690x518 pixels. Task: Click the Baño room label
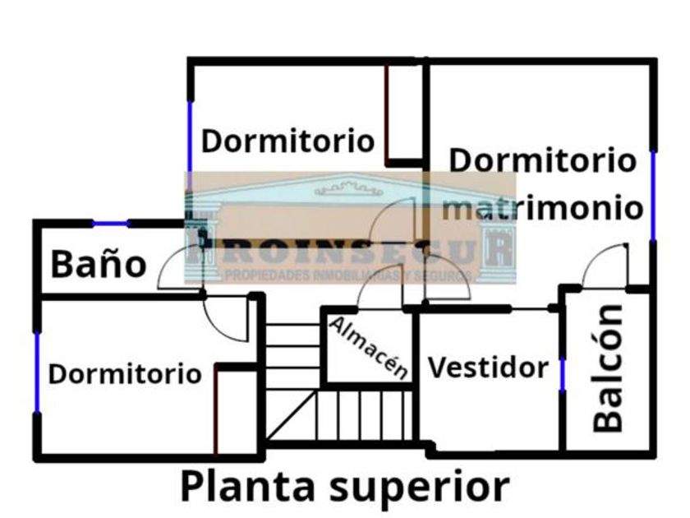tap(99, 265)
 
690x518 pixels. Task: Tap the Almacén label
tap(369, 348)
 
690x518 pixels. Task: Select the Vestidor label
tap(488, 367)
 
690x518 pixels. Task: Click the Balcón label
tap(609, 368)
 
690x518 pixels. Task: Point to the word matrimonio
tap(542, 207)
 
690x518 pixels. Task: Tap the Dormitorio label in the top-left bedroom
tap(287, 140)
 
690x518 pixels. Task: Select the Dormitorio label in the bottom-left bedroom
tap(125, 374)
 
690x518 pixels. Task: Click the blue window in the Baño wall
tap(110, 223)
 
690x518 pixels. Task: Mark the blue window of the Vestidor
tap(563, 374)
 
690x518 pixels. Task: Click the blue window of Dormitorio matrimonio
tap(653, 196)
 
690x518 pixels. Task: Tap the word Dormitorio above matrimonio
tap(542, 160)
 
